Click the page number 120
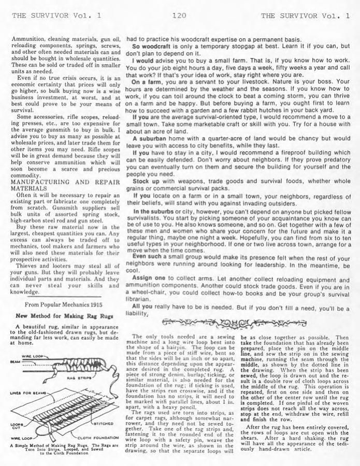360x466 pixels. [x=179, y=16]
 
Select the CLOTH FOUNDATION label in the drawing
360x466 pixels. [x=97, y=438]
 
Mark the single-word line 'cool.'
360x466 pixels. [x=133, y=270]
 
